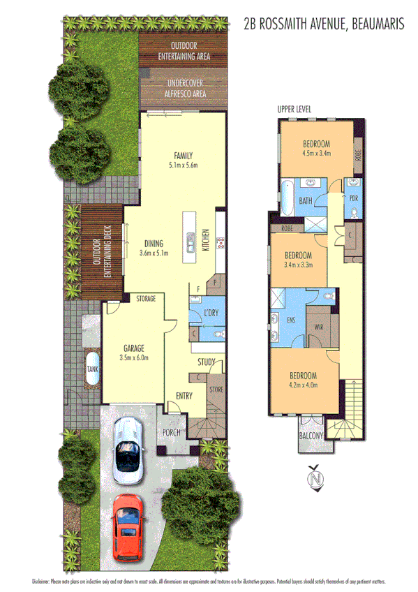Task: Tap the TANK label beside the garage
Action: tap(92, 369)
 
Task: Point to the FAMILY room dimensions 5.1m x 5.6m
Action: tap(184, 165)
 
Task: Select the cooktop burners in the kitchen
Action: tap(222, 243)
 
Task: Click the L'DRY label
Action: tap(211, 313)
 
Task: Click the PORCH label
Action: tap(171, 432)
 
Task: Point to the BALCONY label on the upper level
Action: tap(311, 436)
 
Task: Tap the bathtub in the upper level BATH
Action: tap(287, 188)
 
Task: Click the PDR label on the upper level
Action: tap(353, 198)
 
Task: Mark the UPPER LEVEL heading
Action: tap(294, 109)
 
